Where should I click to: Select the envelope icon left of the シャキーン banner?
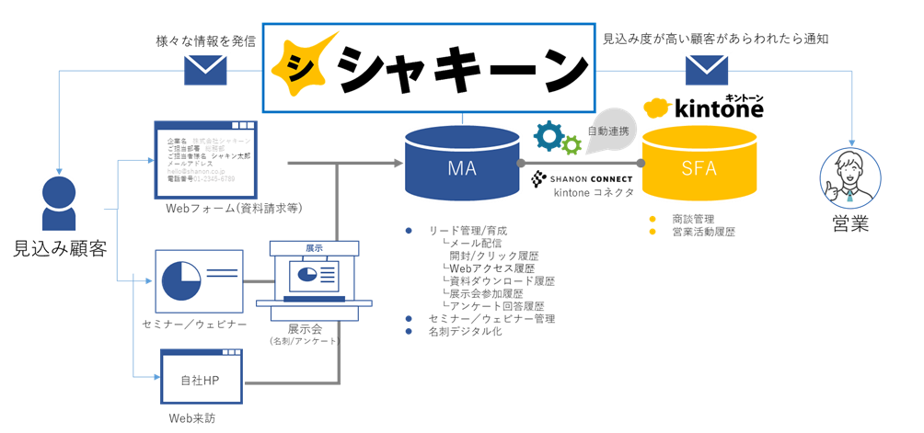pyautogui.click(x=206, y=69)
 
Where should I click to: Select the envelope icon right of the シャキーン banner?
pyautogui.click(x=706, y=69)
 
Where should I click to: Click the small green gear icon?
pyautogui.click(x=572, y=144)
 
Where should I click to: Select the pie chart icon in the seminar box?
pyautogui.click(x=181, y=279)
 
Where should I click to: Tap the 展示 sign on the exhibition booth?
pyautogui.click(x=314, y=248)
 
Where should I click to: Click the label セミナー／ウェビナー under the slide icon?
pyautogui.click(x=194, y=325)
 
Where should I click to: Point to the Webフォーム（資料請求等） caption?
pyautogui.click(x=234, y=209)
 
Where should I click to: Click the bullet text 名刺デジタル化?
pyautogui.click(x=466, y=331)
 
